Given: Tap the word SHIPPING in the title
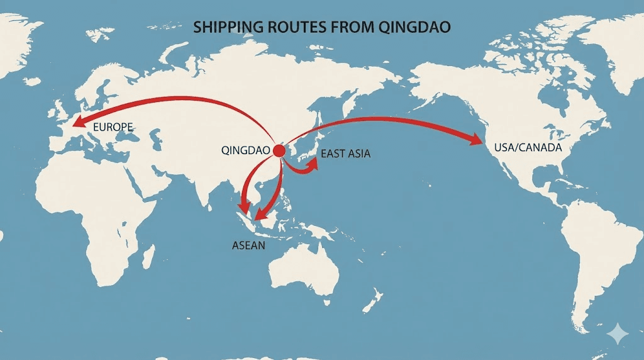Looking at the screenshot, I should click(x=225, y=28).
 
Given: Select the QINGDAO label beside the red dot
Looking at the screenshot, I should click(x=246, y=151).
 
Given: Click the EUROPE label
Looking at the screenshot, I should click(x=113, y=128).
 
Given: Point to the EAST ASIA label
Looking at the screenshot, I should click(x=345, y=154).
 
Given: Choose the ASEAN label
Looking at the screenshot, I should click(x=249, y=245).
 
